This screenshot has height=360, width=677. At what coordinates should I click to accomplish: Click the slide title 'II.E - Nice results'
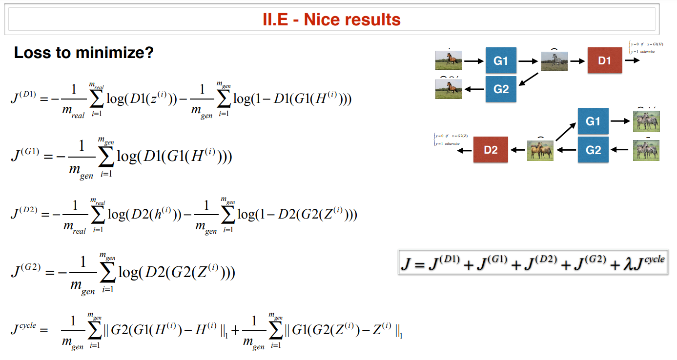click(331, 20)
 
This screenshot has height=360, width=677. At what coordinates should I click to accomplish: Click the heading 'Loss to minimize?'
click(83, 53)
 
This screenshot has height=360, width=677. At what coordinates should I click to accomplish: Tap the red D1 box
click(604, 60)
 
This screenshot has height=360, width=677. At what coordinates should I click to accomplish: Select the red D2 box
click(491, 150)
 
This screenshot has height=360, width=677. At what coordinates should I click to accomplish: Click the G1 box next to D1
click(501, 60)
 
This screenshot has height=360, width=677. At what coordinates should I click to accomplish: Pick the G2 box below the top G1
click(501, 89)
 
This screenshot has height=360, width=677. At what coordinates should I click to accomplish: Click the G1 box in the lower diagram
click(593, 121)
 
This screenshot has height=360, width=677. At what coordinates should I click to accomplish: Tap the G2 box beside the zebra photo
click(593, 150)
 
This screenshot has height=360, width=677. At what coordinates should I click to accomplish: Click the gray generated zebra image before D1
click(554, 61)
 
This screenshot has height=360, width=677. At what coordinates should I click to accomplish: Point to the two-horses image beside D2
click(540, 150)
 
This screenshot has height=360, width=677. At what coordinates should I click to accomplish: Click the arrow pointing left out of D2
click(464, 150)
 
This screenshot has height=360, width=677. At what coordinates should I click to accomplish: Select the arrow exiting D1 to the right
click(632, 60)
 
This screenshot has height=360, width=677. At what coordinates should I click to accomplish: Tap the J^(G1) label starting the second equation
click(23, 156)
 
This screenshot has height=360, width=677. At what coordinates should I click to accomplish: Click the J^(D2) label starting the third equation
click(23, 214)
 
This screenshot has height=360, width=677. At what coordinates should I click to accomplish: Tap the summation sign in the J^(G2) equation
click(107, 273)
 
